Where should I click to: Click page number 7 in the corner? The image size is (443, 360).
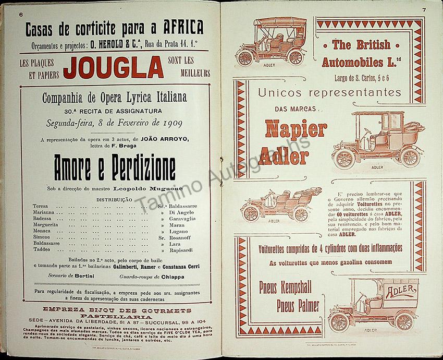click(424, 9)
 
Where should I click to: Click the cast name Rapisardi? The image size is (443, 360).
click(181, 250)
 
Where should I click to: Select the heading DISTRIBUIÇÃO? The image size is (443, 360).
click(114, 199)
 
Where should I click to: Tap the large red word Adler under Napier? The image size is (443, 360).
click(287, 155)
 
